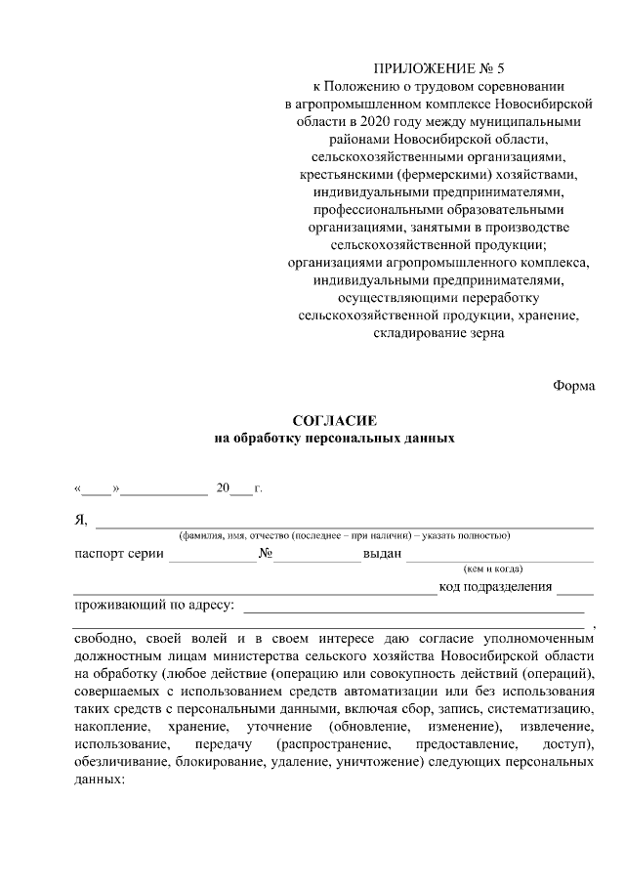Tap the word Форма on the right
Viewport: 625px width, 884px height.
click(573, 384)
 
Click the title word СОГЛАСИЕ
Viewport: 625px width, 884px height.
click(335, 420)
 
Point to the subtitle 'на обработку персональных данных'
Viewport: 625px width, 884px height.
click(335, 438)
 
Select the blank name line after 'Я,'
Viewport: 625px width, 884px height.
click(343, 522)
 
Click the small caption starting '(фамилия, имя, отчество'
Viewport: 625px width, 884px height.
click(343, 535)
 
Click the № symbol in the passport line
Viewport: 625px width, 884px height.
click(265, 553)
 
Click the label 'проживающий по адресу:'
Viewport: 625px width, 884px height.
click(155, 605)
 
